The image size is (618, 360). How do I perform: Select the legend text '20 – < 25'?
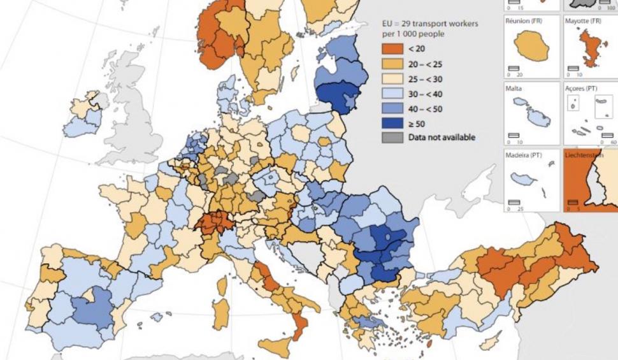[x=426, y=65]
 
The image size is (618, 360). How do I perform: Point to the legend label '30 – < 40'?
[x=426, y=94]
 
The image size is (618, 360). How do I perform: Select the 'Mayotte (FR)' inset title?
[x=583, y=21]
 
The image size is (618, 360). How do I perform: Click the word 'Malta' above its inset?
[x=514, y=89]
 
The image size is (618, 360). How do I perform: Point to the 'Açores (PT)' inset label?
[x=582, y=89]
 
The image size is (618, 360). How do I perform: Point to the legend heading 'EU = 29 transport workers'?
[x=429, y=24]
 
